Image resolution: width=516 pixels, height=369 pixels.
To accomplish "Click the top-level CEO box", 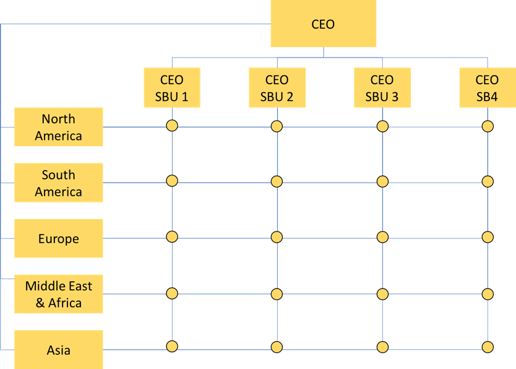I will pos(323,24).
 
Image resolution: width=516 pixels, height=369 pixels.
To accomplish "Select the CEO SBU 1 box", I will pos(172,88).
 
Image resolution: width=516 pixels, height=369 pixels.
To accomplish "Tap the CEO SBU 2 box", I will pos(277,88).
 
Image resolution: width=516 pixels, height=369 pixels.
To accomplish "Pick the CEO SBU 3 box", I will pos(382,88).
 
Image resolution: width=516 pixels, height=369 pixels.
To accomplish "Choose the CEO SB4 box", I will pos(487,88).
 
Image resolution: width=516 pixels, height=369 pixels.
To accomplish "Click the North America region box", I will pos(59,127).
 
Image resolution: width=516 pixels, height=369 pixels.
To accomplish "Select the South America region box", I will pos(59,183).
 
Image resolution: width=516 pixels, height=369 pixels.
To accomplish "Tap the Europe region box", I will pos(59,238).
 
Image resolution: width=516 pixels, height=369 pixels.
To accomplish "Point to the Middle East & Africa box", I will pos(59,294).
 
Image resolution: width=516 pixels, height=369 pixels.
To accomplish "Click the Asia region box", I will pos(59,350).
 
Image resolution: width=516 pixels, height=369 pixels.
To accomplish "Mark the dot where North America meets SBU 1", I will pos(172,126).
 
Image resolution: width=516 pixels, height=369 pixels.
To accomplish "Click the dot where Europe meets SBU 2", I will pos(277,237).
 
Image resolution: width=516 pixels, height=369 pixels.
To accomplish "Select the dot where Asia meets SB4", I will pos(488,347).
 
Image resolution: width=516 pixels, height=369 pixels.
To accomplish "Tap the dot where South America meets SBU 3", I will pos(382,181).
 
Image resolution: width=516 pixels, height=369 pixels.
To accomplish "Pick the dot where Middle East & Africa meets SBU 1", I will pos(172,293).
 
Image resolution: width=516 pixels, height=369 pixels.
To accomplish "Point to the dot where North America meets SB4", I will pos(488,126).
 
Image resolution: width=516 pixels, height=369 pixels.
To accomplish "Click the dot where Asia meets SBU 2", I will pos(277,347).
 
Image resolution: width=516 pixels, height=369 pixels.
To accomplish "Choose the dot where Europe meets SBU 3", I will pos(382,237).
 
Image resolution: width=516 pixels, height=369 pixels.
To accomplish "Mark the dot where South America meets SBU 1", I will pos(172,181).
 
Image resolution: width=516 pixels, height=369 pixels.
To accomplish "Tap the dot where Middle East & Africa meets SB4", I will pos(488,293).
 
